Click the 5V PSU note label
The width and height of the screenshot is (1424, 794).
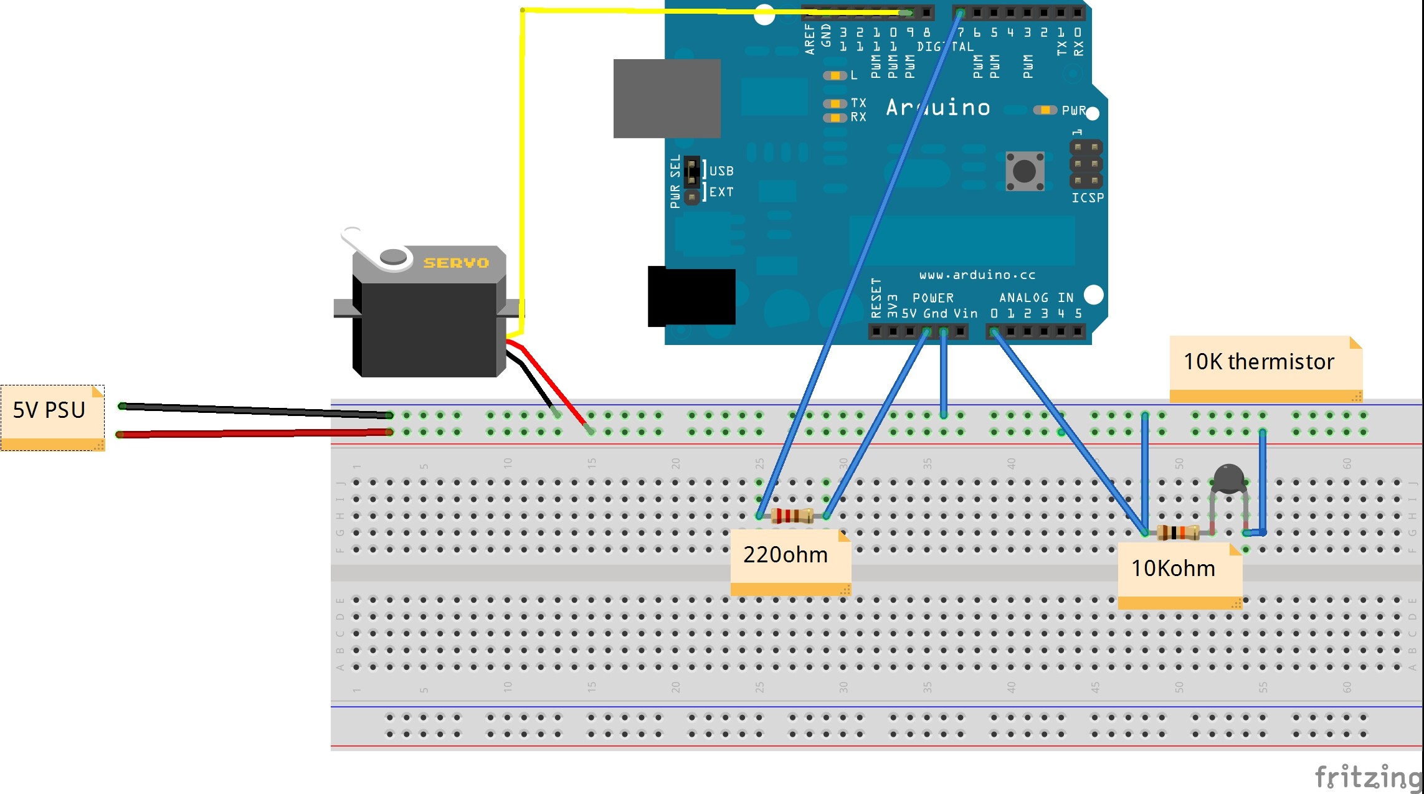tap(49, 410)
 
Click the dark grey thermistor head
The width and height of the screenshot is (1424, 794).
tap(1228, 478)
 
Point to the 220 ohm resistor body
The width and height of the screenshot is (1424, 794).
tap(792, 516)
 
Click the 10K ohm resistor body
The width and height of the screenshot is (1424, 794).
tap(1177, 532)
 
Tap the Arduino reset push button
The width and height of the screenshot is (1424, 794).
tap(1025, 171)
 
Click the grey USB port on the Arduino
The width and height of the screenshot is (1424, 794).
tap(667, 98)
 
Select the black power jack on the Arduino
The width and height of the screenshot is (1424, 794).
tap(691, 297)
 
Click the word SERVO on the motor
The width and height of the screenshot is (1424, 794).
tap(456, 263)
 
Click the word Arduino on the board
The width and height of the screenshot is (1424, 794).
tap(938, 108)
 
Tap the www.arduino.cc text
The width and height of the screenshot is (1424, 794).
tap(977, 275)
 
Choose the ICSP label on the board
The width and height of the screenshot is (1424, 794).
tap(1088, 198)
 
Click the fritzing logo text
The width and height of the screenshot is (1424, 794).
tap(1368, 777)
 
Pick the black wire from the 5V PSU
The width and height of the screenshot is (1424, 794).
tap(255, 410)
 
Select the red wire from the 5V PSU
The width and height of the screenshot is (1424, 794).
tap(255, 433)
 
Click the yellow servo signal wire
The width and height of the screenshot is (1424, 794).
tap(522, 156)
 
